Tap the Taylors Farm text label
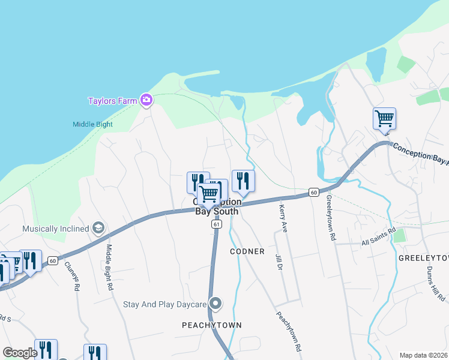click(x=112, y=101)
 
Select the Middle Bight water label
click(x=92, y=125)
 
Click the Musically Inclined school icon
click(x=98, y=229)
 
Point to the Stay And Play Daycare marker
click(x=215, y=304)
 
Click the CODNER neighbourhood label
click(x=247, y=251)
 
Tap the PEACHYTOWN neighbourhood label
click(x=212, y=325)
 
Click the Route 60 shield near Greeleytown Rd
click(x=313, y=192)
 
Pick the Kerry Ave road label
click(x=283, y=218)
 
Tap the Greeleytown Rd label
click(x=331, y=217)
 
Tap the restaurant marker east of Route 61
click(x=243, y=180)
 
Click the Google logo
click(x=20, y=353)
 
